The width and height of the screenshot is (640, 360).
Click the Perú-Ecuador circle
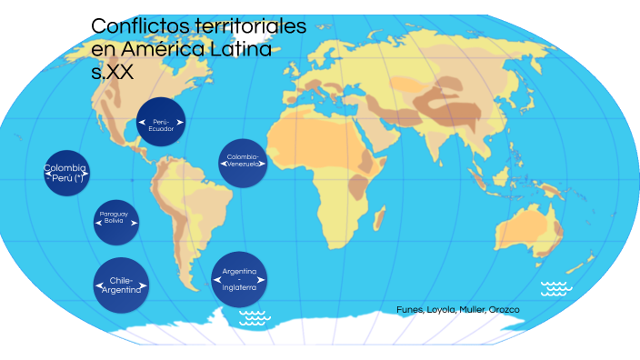(x=161, y=121)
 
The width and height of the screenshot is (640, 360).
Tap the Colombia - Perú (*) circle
(x=66, y=172)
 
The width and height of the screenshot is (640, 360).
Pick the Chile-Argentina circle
(x=121, y=284)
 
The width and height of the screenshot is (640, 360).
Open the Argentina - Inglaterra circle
(x=239, y=278)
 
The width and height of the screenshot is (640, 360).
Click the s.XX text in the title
(x=112, y=73)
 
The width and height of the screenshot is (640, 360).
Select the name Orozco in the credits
(x=504, y=310)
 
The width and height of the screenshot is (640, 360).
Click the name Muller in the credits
(x=471, y=310)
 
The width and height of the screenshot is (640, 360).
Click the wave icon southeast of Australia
(x=555, y=288)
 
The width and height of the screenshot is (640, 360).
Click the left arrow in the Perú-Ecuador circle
(x=142, y=121)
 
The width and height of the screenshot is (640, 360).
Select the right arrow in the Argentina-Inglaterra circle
(x=262, y=279)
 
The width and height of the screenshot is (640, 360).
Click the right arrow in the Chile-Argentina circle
(x=145, y=285)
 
